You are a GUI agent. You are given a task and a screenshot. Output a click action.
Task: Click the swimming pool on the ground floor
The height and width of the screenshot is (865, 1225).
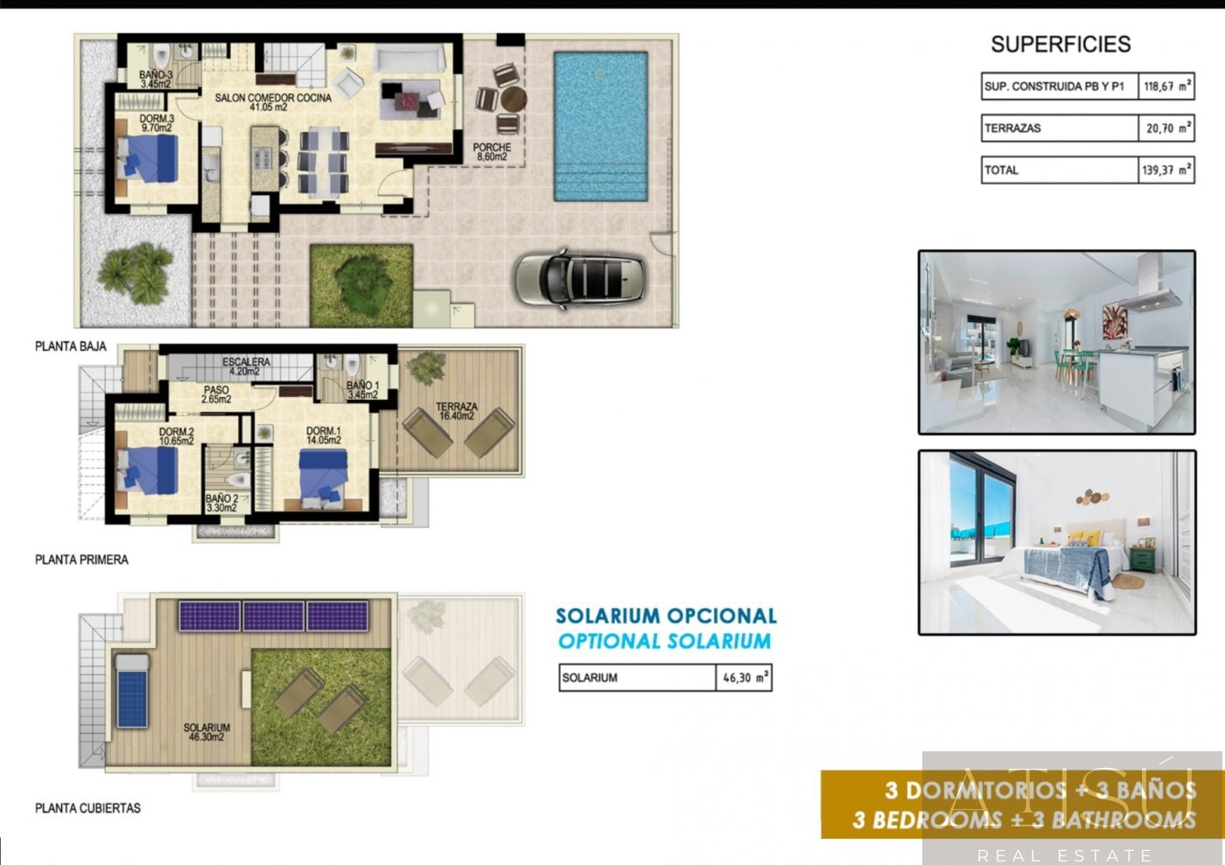click(600, 125)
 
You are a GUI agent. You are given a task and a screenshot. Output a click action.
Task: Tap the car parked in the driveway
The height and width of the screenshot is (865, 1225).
click(580, 277)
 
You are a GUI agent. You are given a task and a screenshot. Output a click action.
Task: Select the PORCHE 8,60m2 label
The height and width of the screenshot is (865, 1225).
click(492, 152)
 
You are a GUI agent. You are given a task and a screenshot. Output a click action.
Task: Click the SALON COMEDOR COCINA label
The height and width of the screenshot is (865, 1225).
click(273, 102)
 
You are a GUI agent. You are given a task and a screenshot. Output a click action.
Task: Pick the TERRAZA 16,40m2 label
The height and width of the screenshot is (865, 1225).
click(457, 411)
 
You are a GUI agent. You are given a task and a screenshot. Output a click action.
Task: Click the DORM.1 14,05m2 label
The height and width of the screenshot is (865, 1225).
click(324, 436)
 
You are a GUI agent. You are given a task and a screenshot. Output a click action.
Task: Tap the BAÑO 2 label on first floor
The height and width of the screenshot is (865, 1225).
click(221, 502)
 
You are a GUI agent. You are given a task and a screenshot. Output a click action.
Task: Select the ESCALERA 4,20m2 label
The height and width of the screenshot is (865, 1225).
click(246, 366)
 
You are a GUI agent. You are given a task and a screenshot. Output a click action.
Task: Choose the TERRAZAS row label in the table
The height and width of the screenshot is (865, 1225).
click(1013, 129)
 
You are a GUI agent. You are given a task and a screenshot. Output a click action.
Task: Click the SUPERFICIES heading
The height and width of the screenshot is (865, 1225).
click(1060, 44)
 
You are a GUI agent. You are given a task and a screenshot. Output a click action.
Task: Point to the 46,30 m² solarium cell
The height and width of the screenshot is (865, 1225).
click(745, 678)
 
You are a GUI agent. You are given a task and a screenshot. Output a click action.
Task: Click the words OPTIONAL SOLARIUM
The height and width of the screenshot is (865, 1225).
click(665, 641)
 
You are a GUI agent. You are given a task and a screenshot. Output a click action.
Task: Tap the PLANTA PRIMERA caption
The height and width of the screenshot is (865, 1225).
click(81, 560)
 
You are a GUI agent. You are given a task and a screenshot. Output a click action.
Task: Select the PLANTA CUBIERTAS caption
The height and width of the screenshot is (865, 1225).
click(87, 808)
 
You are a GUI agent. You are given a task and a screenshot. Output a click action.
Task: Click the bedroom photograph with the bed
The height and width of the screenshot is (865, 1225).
click(1057, 542)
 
